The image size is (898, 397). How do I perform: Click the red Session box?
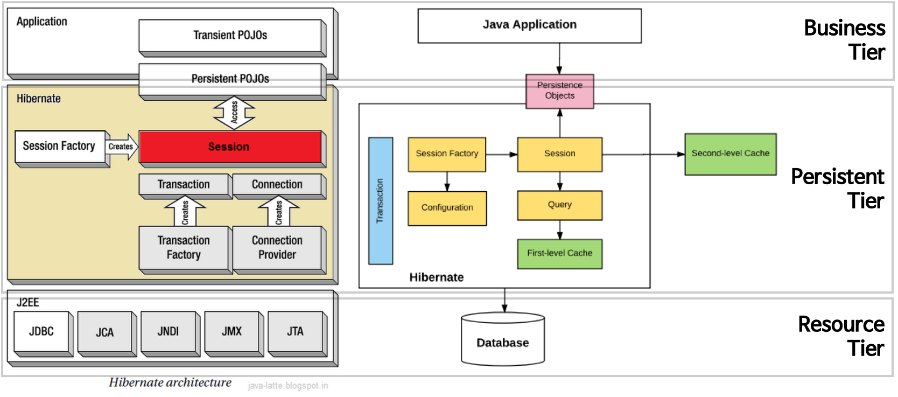tap(230, 147)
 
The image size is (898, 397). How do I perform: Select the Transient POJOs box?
tap(230, 36)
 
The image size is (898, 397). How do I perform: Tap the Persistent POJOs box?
tap(230, 79)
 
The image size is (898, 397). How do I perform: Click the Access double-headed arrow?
tap(234, 113)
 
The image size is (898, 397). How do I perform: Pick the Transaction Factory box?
tap(184, 247)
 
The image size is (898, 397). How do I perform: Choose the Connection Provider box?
tap(277, 247)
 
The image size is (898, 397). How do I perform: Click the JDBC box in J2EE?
tap(41, 331)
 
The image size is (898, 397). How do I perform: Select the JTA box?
tap(295, 331)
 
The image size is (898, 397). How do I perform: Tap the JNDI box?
tap(168, 331)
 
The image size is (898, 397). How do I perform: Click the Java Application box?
tap(529, 25)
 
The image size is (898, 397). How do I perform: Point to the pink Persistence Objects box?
tap(559, 91)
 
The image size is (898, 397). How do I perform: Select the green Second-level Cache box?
tap(730, 154)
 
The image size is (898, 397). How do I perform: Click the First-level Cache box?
tap(559, 254)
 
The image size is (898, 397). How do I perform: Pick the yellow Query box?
tap(559, 205)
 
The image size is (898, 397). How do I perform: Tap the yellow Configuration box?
tap(447, 208)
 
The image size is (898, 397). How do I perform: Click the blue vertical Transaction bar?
tap(380, 200)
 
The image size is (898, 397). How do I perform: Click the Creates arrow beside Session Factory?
tap(121, 147)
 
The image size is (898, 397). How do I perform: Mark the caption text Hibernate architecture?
tap(170, 382)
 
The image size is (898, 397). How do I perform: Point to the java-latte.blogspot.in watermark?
tap(287, 386)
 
